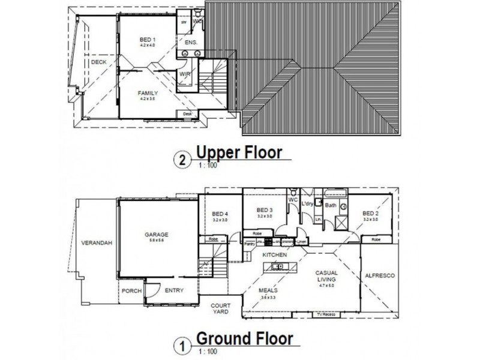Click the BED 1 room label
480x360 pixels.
point(147,40)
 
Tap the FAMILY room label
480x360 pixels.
point(148,93)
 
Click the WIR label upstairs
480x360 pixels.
point(185,74)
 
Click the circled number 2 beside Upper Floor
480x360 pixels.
point(179,160)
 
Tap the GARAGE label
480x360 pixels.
point(156,235)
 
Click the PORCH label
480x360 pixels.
point(131,291)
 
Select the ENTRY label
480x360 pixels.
point(174,291)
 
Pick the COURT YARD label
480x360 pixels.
point(220,308)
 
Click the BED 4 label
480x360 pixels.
point(220,214)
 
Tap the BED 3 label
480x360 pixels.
point(264,210)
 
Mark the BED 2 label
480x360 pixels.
point(370,214)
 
